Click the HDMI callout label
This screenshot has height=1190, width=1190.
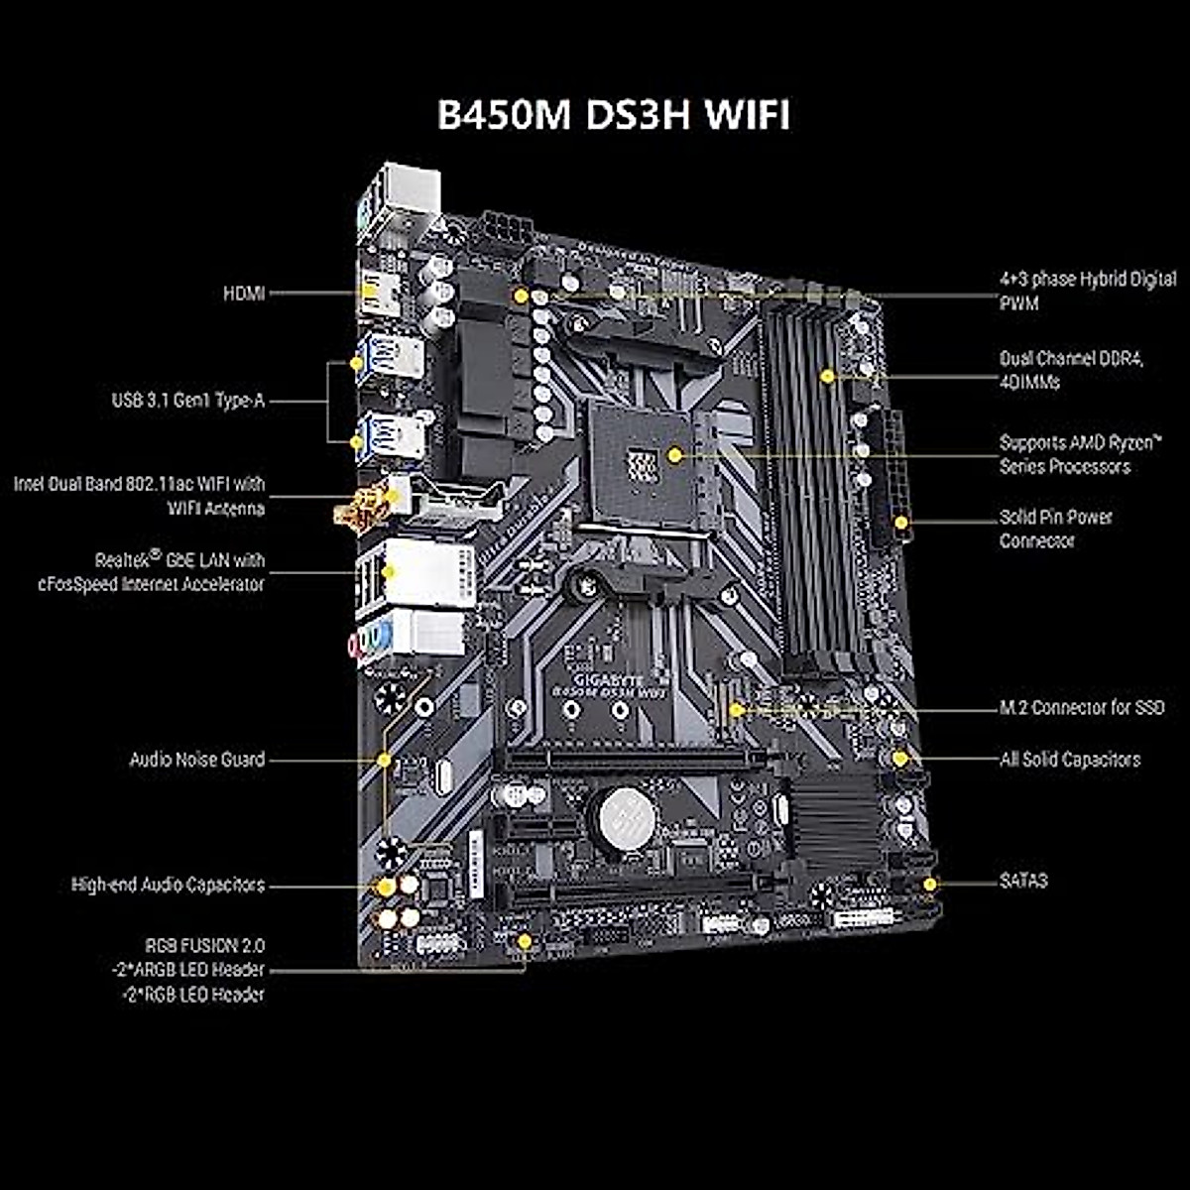coord(244,294)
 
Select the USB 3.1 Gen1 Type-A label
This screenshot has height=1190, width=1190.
coord(188,402)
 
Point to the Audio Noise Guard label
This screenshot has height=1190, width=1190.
coord(197,760)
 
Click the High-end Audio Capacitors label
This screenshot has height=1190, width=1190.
coord(169,885)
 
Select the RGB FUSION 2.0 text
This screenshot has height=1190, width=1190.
coord(205,946)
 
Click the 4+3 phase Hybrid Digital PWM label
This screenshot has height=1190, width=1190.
coord(1087,292)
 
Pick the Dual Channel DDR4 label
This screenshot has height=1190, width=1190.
coord(1071,370)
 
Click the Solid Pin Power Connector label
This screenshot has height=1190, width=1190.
coord(1055,529)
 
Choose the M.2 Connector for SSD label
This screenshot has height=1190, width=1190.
coord(1081,708)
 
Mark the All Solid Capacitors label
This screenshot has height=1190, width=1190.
coord(1069,760)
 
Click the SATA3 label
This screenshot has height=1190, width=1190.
coord(1022,881)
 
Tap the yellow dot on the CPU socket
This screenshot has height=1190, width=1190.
coord(674,455)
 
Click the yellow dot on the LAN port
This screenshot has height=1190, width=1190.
coord(389,572)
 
